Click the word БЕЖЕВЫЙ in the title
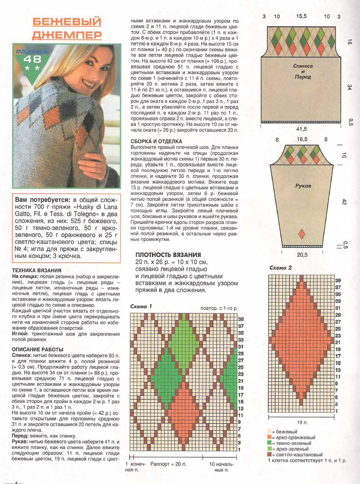click(x=67, y=22)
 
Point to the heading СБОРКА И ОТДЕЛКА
click(x=157, y=141)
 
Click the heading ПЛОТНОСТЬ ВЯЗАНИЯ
click(x=168, y=255)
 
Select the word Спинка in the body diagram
click(x=302, y=66)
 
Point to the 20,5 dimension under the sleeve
click(x=302, y=254)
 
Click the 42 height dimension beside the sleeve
click(x=343, y=202)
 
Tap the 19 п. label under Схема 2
click(x=302, y=421)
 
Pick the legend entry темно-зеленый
click(x=290, y=443)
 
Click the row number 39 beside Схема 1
click(x=241, y=318)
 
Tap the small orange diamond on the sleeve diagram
click(x=302, y=234)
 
